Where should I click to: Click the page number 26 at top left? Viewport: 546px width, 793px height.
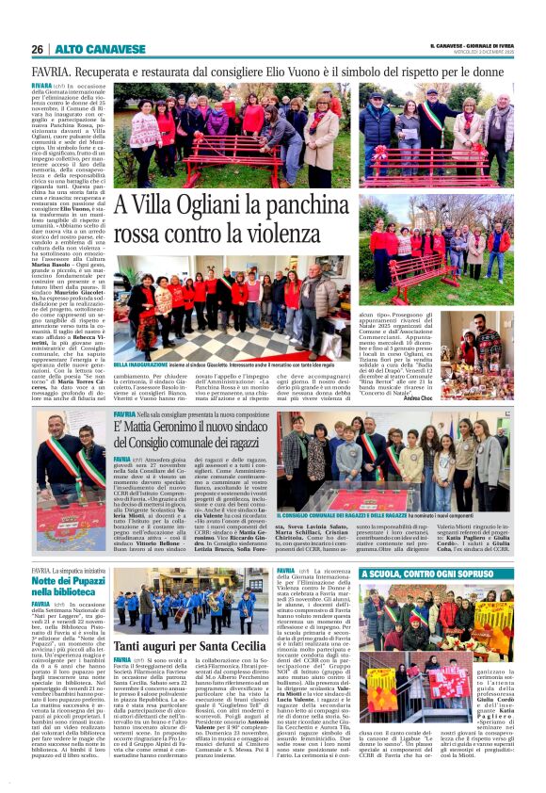(x=38, y=49)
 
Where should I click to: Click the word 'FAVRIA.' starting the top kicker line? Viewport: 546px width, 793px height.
(x=50, y=71)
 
